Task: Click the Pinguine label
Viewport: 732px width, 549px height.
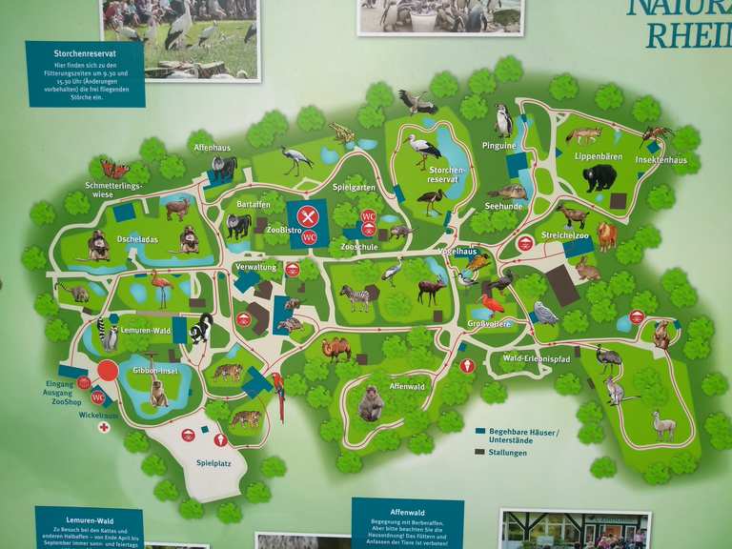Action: tap(499, 146)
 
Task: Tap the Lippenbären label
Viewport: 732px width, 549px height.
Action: tap(597, 155)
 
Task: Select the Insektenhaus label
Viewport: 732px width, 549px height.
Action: tap(664, 160)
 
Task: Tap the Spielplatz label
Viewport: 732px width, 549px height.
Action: tap(214, 463)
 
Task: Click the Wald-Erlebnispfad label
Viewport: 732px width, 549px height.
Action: tap(536, 358)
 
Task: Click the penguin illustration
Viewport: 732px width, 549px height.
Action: tap(503, 121)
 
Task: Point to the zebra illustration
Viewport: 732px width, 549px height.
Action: tap(355, 298)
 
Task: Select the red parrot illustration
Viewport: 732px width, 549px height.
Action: tap(279, 394)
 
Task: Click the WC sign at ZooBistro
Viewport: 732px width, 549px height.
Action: tap(308, 237)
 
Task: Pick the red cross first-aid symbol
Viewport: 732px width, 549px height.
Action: tap(104, 427)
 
